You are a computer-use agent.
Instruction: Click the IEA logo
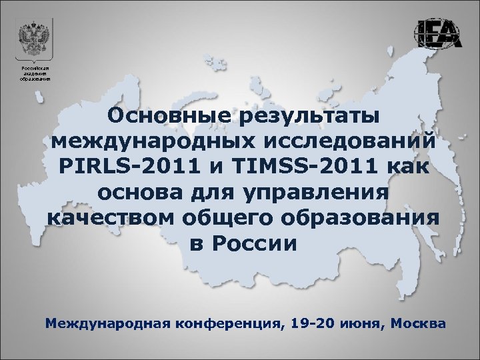[438, 33]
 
